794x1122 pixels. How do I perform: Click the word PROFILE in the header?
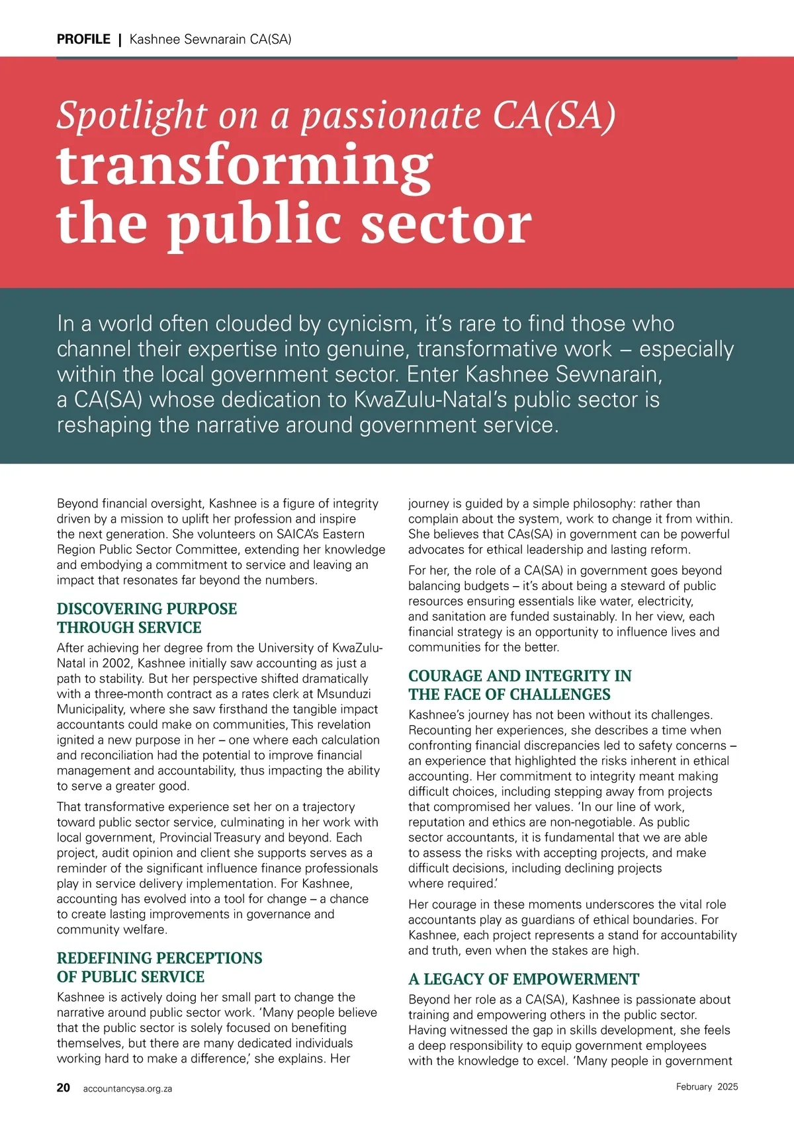tap(83, 39)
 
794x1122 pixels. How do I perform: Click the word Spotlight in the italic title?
tap(132, 115)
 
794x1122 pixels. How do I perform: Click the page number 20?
tap(64, 1088)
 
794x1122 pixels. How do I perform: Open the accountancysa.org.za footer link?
tap(128, 1088)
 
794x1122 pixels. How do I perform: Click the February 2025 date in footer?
tap(707, 1086)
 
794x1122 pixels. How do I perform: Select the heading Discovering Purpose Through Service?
tap(146, 618)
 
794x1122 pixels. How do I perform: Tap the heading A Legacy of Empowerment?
tap(523, 979)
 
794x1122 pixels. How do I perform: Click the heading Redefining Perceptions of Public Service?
tap(159, 967)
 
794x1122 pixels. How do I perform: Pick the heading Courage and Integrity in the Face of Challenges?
tap(519, 685)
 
